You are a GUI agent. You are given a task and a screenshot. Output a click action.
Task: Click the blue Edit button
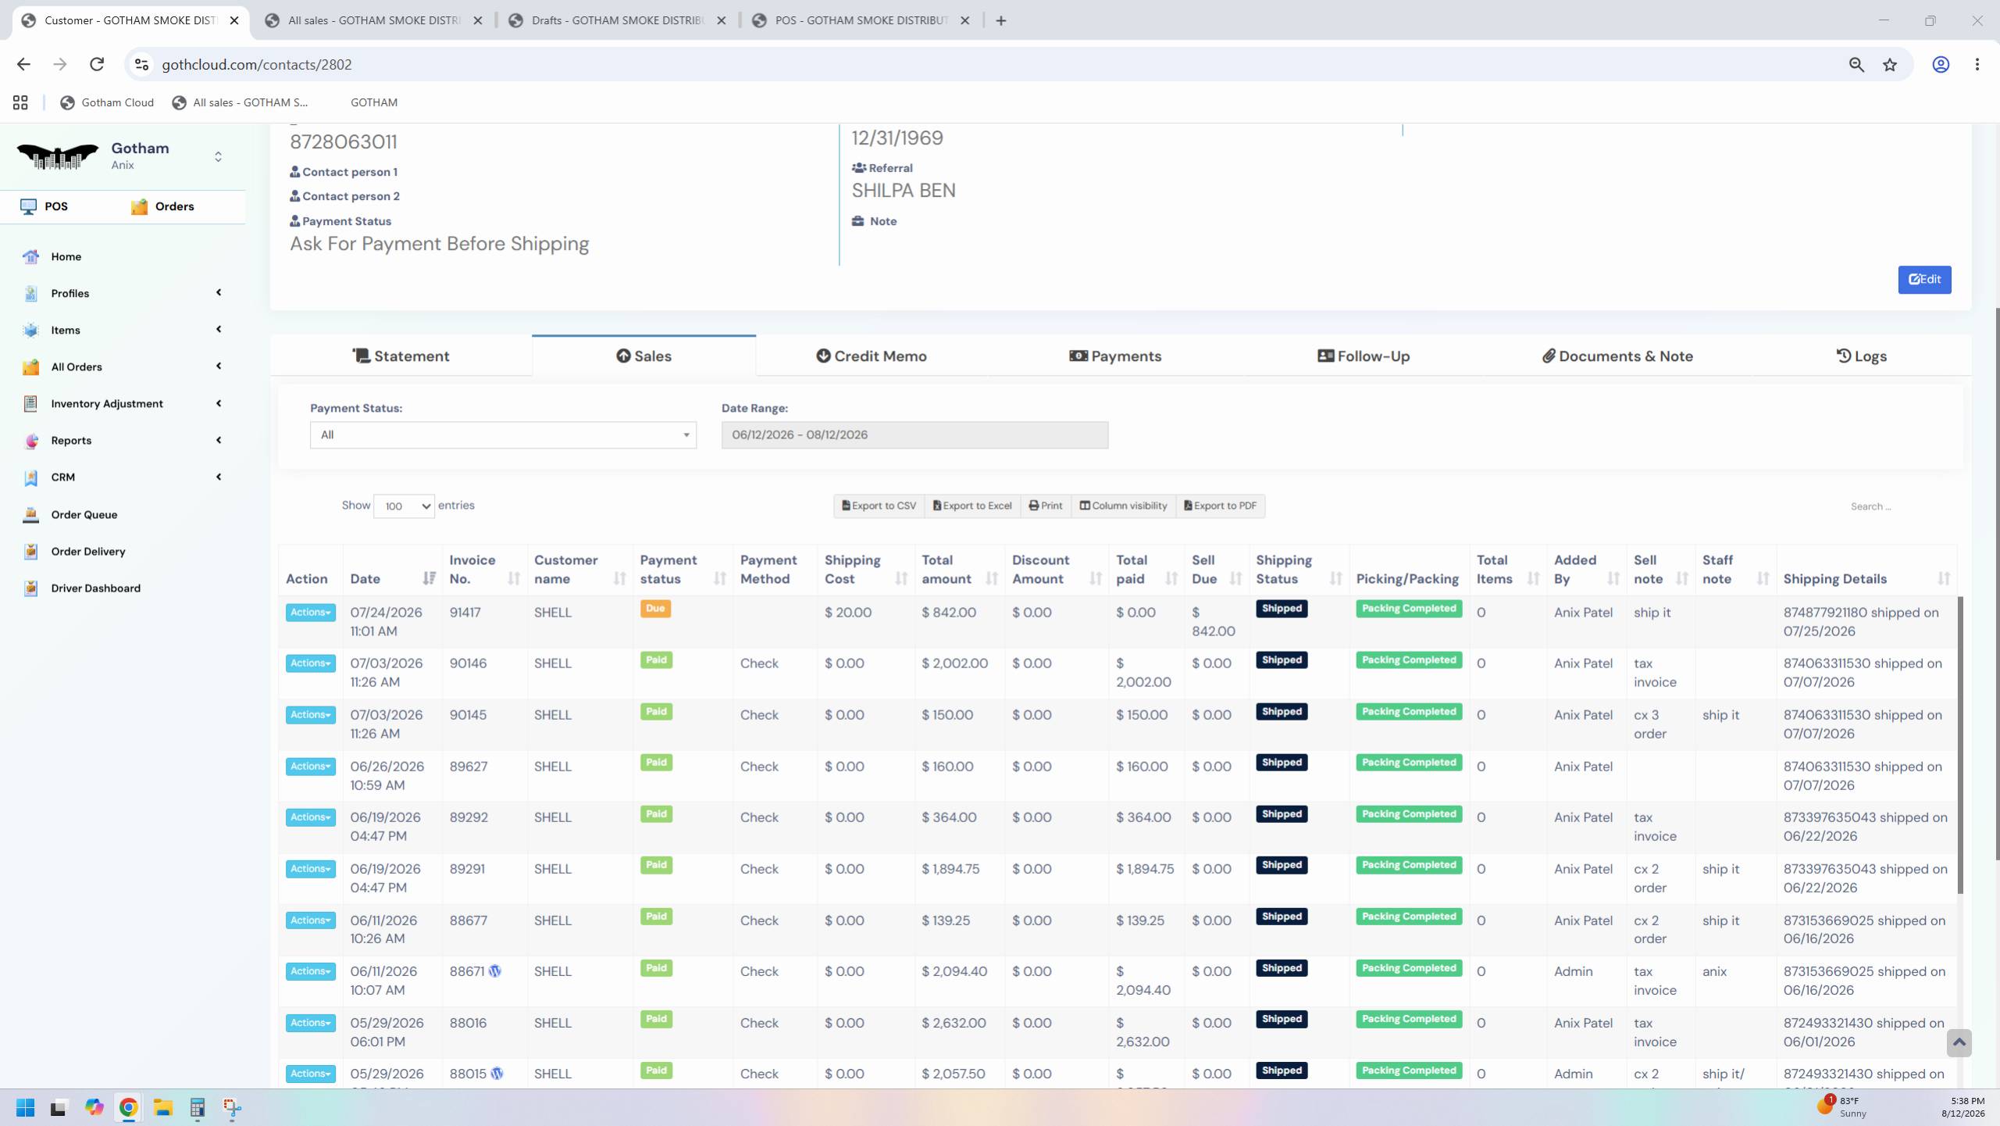(x=1924, y=280)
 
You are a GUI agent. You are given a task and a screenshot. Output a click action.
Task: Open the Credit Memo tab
(x=872, y=356)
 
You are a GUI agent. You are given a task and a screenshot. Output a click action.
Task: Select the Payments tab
(x=1115, y=356)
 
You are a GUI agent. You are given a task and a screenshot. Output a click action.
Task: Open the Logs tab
(x=1861, y=356)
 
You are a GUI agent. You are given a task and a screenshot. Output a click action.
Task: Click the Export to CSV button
(x=879, y=506)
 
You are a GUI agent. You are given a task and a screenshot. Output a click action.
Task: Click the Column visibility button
(x=1124, y=506)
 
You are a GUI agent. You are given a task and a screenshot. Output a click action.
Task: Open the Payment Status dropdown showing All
(x=503, y=435)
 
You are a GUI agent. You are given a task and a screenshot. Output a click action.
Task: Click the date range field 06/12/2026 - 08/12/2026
(x=914, y=435)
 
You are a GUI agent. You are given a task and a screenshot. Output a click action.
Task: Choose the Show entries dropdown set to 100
(x=404, y=506)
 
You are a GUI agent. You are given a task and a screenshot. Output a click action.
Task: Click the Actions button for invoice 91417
(x=310, y=613)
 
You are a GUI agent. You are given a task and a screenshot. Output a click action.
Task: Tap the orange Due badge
(x=655, y=609)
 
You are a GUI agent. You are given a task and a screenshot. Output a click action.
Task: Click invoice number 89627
(x=469, y=767)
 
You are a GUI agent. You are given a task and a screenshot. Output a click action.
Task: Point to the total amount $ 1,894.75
(x=950, y=869)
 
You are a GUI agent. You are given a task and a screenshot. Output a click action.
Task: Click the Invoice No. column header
(x=472, y=570)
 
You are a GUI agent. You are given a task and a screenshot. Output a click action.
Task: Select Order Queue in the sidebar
(x=84, y=515)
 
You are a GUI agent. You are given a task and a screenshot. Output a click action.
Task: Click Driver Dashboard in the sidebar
(x=96, y=588)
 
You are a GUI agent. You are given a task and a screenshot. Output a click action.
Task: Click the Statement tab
(x=401, y=356)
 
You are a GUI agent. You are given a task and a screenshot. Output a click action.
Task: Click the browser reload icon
(x=97, y=65)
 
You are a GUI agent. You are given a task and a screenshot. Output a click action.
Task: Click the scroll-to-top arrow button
(x=1959, y=1042)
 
